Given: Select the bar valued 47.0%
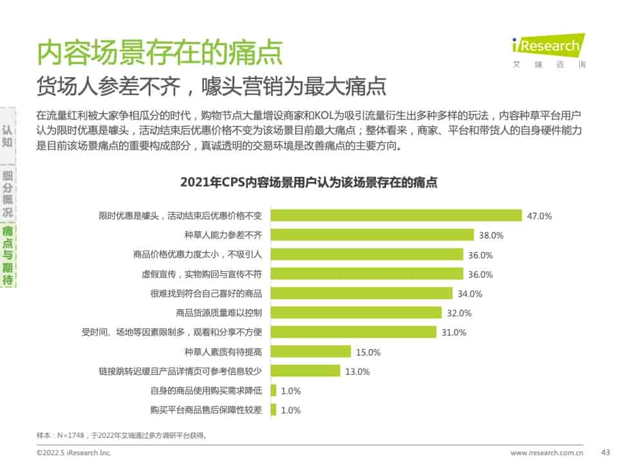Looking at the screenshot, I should pyautogui.click(x=396, y=216).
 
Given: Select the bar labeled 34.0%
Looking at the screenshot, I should pyautogui.click(x=361, y=294).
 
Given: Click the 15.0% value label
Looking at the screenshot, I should pyautogui.click(x=369, y=352).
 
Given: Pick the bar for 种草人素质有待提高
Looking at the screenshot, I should pyautogui.click(x=311, y=352).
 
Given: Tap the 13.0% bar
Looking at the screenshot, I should pyautogui.click(x=305, y=371).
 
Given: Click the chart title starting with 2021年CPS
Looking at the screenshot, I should pyautogui.click(x=309, y=183).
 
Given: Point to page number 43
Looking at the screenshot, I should pyautogui.click(x=604, y=452).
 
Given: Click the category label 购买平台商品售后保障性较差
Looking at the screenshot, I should pyautogui.click(x=205, y=410).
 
